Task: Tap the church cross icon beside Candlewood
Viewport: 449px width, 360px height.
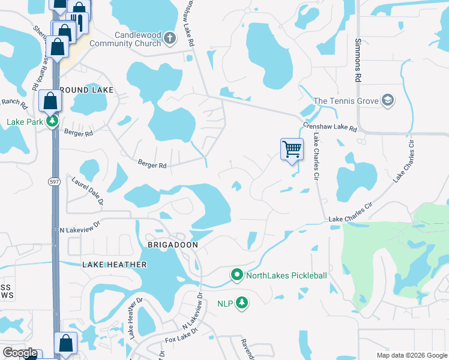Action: pos(170,39)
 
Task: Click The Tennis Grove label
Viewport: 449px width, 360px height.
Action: pos(346,101)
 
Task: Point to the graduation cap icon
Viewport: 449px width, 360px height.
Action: pos(388,100)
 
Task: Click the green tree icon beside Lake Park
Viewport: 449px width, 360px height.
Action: pos(53,122)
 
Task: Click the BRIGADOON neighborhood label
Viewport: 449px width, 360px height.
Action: pos(173,245)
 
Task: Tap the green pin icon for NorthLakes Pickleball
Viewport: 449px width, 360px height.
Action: pos(237,275)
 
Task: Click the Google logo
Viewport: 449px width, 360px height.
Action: pos(20,353)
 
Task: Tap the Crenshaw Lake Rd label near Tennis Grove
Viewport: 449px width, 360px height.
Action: pos(330,128)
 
